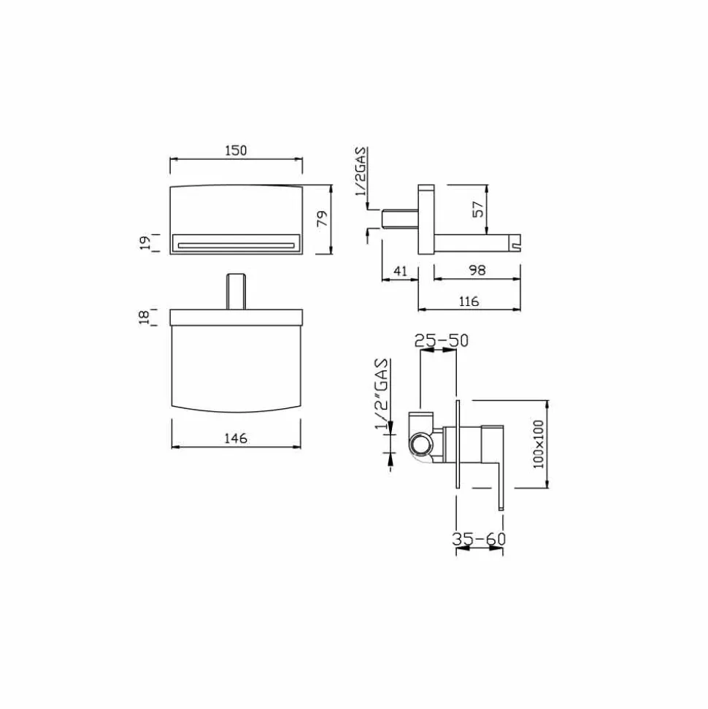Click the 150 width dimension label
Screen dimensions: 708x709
pyautogui.click(x=236, y=150)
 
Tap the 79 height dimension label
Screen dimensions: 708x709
pyautogui.click(x=322, y=219)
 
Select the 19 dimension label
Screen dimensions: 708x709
pyautogui.click(x=145, y=243)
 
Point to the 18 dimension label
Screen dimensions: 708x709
pyautogui.click(x=145, y=316)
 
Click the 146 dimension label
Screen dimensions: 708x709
pyautogui.click(x=236, y=437)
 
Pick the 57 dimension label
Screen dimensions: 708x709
pyautogui.click(x=478, y=210)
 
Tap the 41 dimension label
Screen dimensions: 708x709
pyautogui.click(x=401, y=271)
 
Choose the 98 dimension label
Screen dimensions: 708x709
pyautogui.click(x=477, y=270)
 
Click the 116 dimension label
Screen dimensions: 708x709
pyautogui.click(x=469, y=301)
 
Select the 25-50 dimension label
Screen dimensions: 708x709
pyautogui.click(x=442, y=340)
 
